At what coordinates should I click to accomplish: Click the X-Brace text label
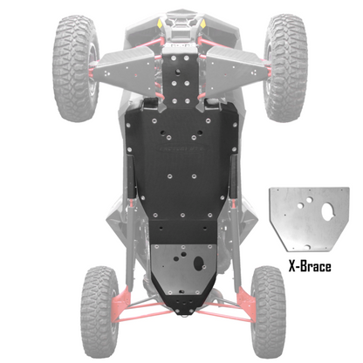coord(309,266)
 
